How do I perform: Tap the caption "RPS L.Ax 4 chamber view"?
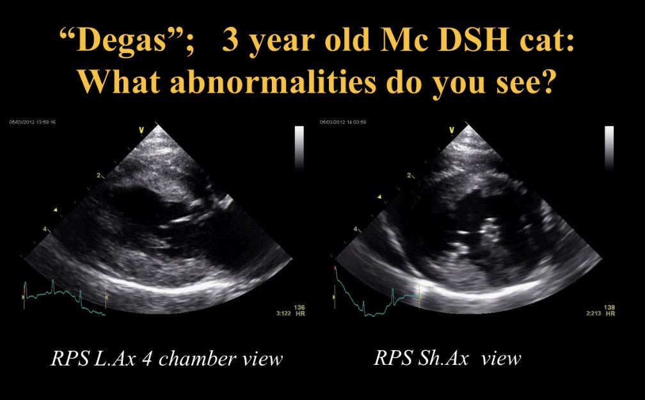coord(166,358)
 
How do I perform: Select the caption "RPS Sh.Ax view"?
coord(447,358)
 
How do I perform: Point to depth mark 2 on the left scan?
coord(99,174)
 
